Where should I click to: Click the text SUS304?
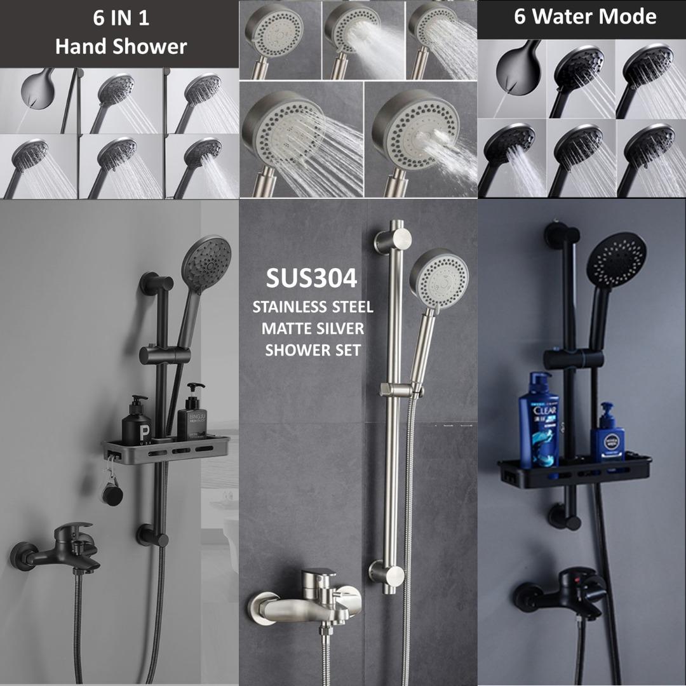(x=311, y=278)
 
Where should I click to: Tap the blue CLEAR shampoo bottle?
(x=539, y=420)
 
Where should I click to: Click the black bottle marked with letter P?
(x=136, y=422)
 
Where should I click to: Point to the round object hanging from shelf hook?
(x=112, y=492)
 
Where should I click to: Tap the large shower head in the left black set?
(x=206, y=264)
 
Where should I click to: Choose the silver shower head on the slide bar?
(x=439, y=279)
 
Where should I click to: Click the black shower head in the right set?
(x=616, y=260)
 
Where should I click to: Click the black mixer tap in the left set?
(x=60, y=550)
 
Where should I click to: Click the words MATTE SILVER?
(x=313, y=328)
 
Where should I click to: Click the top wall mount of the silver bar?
(x=389, y=241)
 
